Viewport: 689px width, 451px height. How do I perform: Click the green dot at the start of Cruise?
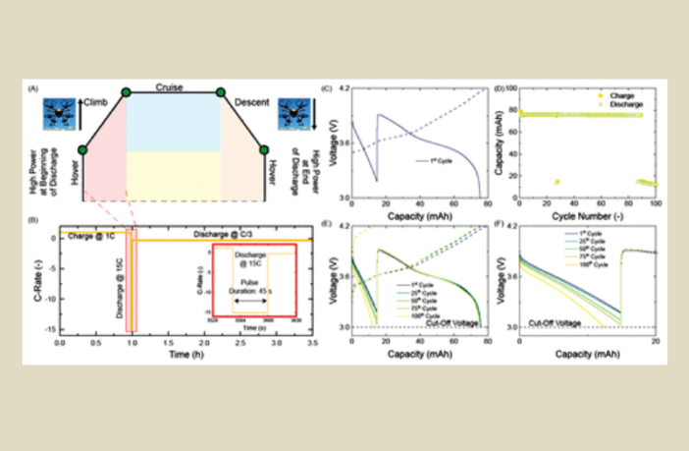[126, 93]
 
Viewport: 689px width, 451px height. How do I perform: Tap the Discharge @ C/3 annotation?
[233, 233]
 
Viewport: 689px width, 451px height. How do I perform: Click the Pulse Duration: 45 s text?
[252, 289]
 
